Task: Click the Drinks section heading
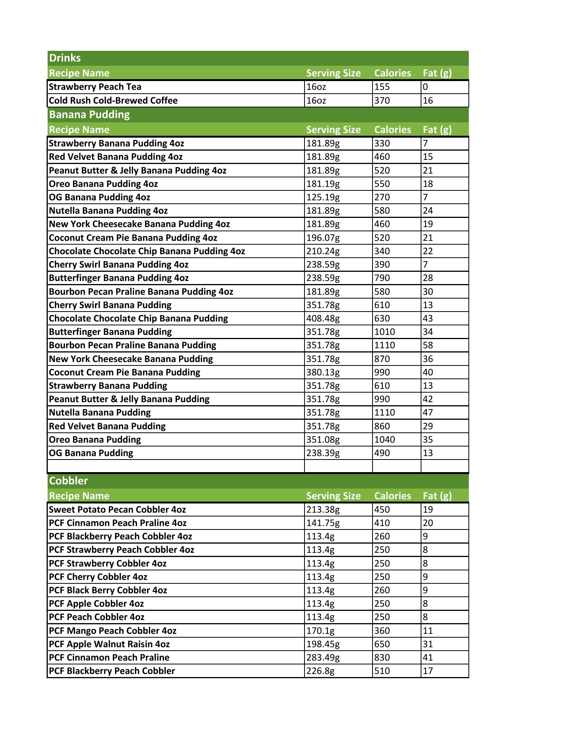pyautogui.click(x=65, y=58)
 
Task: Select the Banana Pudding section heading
pyautogui.click(x=89, y=115)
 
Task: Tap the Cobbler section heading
pyautogui.click(x=68, y=481)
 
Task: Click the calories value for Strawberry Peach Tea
pyautogui.click(x=382, y=87)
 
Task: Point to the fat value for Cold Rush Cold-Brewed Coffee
pyautogui.click(x=428, y=101)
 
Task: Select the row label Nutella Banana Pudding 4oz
pyautogui.click(x=109, y=211)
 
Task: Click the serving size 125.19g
pyautogui.click(x=323, y=197)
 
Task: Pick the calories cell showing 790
pyautogui.click(x=382, y=278)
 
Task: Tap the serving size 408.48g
pyautogui.click(x=323, y=318)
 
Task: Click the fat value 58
pyautogui.click(x=428, y=345)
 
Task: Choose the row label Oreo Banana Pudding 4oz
pyautogui.click(x=104, y=184)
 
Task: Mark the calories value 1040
pyautogui.click(x=384, y=440)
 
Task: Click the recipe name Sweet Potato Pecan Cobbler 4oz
pyautogui.click(x=118, y=510)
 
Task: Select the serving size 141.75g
pyautogui.click(x=323, y=523)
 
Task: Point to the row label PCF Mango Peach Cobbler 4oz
pyautogui.click(x=113, y=631)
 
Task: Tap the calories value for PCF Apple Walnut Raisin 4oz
pyautogui.click(x=382, y=644)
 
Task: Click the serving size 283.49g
pyautogui.click(x=323, y=658)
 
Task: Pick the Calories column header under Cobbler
pyautogui.click(x=392, y=496)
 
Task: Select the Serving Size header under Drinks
pyautogui.click(x=333, y=73)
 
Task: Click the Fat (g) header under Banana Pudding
pyautogui.click(x=437, y=130)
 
